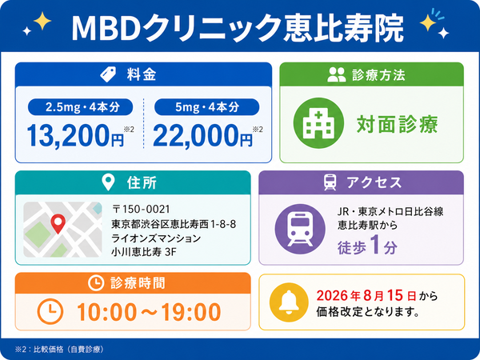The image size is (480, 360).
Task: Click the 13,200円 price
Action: click(76, 136)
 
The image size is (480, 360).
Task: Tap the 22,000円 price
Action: click(203, 136)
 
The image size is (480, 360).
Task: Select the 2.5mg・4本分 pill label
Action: click(80, 107)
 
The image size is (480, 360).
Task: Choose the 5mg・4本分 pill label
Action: click(207, 107)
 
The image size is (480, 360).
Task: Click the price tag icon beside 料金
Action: click(108, 74)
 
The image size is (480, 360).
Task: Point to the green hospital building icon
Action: click(318, 123)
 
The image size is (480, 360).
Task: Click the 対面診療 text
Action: click(398, 124)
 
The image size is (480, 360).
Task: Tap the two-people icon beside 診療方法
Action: click(337, 74)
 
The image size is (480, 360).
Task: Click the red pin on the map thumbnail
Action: click(58, 223)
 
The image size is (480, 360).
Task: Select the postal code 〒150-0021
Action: click(141, 209)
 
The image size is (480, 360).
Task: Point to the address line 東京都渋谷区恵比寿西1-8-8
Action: click(174, 224)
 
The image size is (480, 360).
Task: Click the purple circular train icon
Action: click(300, 230)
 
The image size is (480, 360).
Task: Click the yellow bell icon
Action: click(289, 302)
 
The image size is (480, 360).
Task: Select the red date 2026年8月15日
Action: click(366, 295)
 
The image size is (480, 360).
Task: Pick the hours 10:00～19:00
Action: click(149, 312)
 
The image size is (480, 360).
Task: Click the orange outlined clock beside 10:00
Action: click(50, 312)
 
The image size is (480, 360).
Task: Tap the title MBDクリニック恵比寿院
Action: click(238, 27)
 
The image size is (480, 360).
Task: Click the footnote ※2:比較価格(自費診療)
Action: click(59, 350)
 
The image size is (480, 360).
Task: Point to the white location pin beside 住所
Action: click(108, 182)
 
